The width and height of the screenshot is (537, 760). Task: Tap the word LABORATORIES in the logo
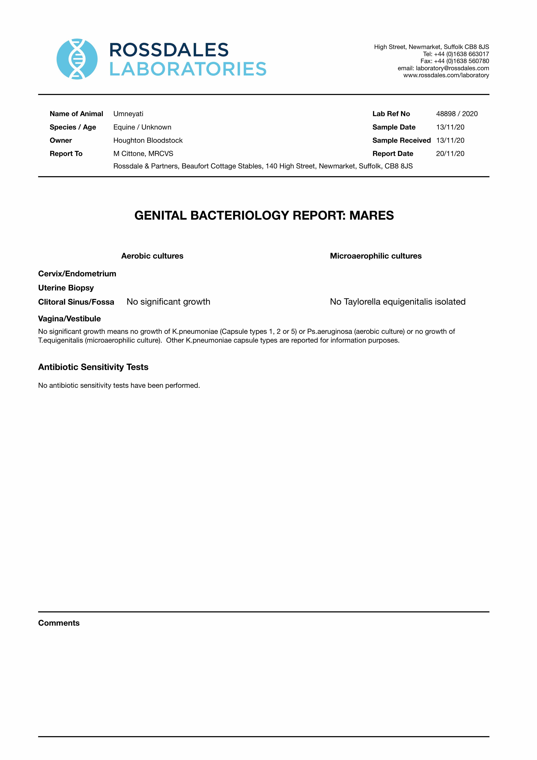pyautogui.click(x=188, y=69)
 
